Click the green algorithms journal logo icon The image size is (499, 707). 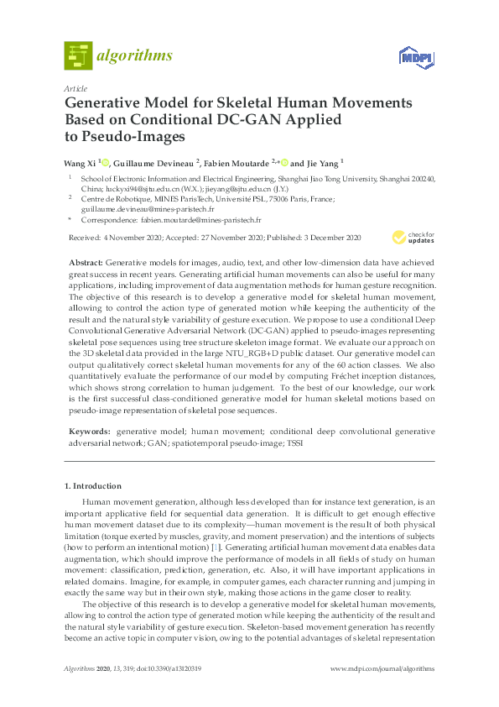tap(78, 56)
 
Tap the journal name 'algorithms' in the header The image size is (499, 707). tap(134, 56)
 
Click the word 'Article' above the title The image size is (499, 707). tap(75, 87)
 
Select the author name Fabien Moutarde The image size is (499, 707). tap(238, 162)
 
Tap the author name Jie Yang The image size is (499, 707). tap(322, 162)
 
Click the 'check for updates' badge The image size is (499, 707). tap(412, 238)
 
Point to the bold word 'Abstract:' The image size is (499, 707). tap(86, 264)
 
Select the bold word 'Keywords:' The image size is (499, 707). tap(90, 430)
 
